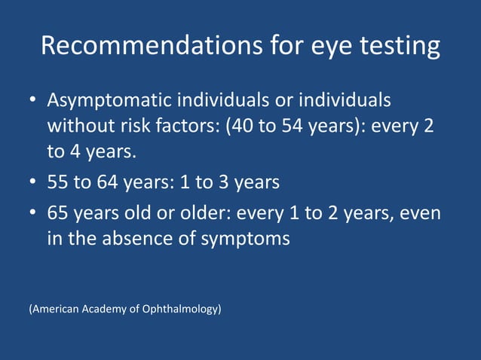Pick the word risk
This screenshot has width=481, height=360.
139,126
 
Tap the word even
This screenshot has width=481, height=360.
422,212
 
